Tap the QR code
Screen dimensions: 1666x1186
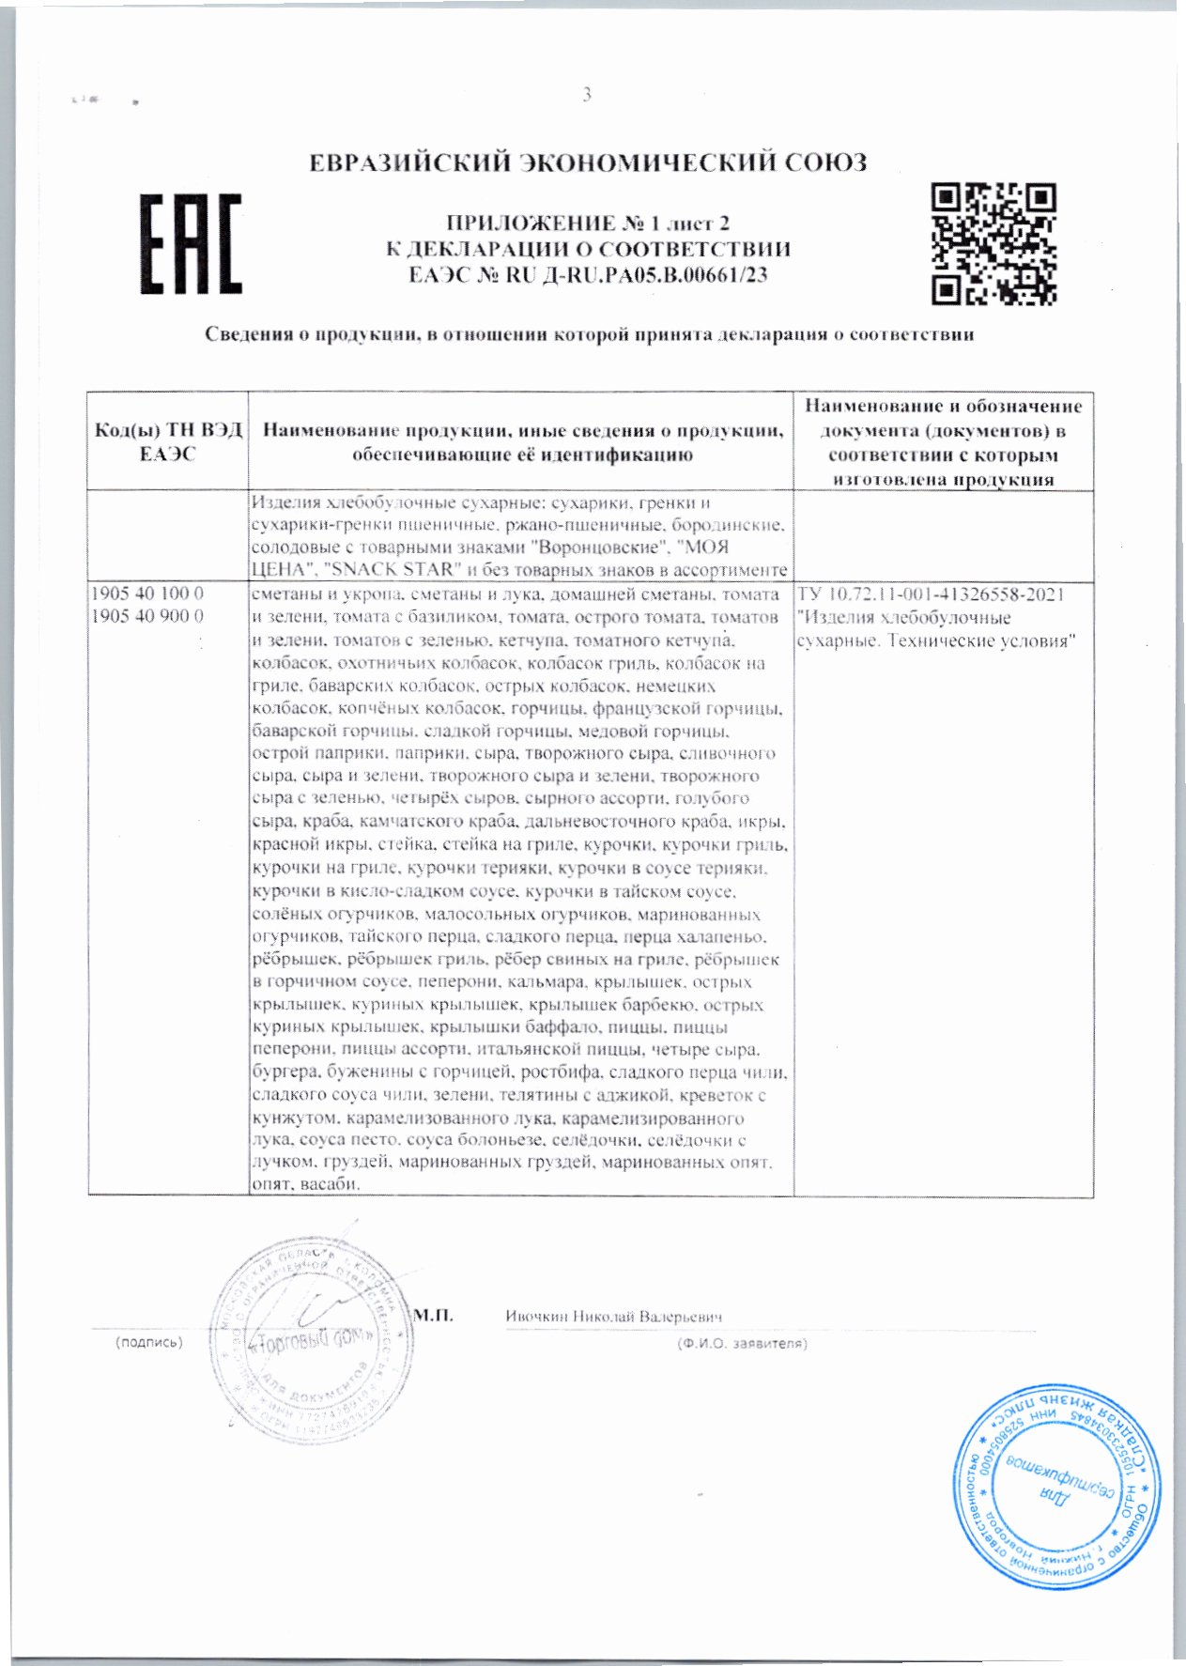coord(993,244)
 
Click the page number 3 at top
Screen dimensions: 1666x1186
coord(587,94)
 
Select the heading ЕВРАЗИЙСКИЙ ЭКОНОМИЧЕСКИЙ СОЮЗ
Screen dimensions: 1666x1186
coord(589,162)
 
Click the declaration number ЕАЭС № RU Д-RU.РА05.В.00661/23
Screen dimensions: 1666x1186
coord(589,275)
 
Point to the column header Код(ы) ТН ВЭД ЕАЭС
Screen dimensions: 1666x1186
coord(168,442)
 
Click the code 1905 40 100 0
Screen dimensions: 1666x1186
coord(147,594)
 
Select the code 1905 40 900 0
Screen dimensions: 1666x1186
coord(147,617)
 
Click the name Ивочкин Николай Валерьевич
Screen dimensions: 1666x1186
coord(613,1317)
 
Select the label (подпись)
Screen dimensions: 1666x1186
coord(147,1343)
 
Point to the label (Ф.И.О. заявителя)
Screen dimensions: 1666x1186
coord(742,1343)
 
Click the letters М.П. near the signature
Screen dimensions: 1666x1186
coord(434,1315)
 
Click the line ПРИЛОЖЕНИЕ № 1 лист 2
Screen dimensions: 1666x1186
coord(589,224)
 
